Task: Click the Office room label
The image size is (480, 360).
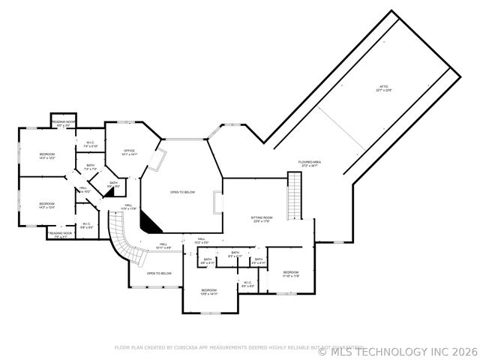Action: click(129, 152)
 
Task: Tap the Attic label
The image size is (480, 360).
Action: click(384, 89)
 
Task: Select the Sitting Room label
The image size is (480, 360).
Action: click(262, 219)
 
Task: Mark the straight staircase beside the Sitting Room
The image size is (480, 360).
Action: click(294, 193)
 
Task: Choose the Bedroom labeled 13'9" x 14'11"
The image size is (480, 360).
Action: click(208, 292)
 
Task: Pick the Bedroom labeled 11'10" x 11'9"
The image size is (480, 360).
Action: click(291, 274)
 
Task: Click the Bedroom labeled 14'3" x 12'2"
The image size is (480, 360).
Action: click(47, 156)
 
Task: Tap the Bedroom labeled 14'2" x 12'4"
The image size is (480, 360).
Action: click(47, 205)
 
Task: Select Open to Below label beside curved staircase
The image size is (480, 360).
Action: click(159, 273)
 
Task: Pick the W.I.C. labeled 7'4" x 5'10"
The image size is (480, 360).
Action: click(89, 144)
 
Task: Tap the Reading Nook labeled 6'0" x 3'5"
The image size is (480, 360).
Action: click(64, 122)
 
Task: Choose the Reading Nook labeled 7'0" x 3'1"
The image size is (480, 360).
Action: click(60, 235)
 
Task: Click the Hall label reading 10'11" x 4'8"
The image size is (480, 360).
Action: click(163, 245)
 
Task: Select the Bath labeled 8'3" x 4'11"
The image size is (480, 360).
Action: click(235, 254)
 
